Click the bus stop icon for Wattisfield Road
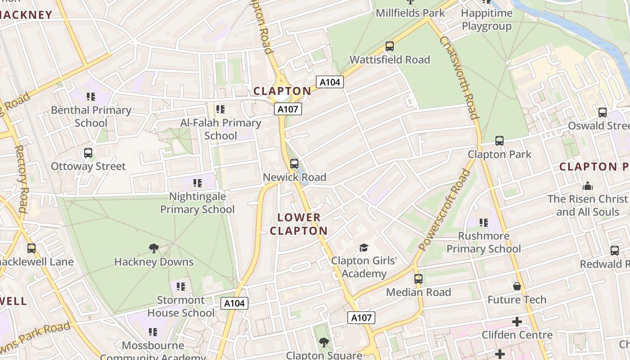coord(390,46)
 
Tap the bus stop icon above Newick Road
coord(294,164)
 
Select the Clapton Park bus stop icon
coord(499,141)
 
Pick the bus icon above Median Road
coord(418,279)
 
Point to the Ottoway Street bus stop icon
coord(88,153)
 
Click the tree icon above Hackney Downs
coord(154,248)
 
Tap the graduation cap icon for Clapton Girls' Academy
coord(364,247)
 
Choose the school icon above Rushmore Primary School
coord(484,222)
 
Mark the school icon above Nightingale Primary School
coord(198,183)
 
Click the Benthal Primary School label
coord(91,117)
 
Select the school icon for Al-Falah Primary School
coord(220,109)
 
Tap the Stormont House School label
coord(181,306)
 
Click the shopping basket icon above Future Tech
coord(517,286)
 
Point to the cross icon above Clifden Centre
coord(517,322)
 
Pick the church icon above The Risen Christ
coord(588,186)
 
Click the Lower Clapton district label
coord(299,224)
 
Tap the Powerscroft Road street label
coord(444,210)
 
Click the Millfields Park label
coord(410,13)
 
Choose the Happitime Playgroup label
coord(486,19)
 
